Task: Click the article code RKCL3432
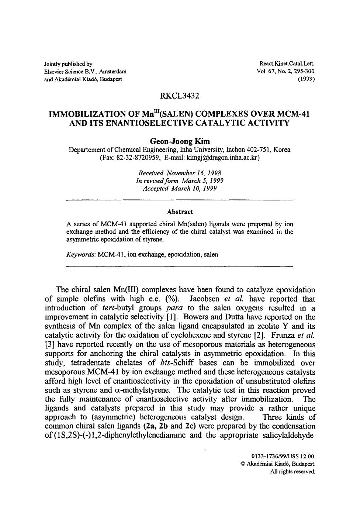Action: pos(180,96)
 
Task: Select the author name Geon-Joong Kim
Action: pos(180,141)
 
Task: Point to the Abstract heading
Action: pos(180,212)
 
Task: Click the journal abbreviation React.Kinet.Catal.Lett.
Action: pos(287,64)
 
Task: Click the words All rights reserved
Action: pos(293,471)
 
